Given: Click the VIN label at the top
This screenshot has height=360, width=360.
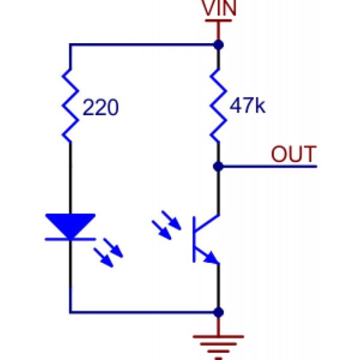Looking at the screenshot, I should tap(218, 9).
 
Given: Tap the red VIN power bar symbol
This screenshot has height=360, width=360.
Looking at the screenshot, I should tap(218, 22).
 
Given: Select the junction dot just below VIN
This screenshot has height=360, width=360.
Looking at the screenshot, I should tap(218, 44).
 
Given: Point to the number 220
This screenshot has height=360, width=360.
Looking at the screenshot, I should tap(101, 108).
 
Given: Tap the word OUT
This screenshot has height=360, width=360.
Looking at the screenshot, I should tap(293, 154).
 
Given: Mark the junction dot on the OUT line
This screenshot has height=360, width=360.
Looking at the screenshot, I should tap(218, 166).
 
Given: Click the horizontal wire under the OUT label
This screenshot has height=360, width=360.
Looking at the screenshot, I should tap(270, 166).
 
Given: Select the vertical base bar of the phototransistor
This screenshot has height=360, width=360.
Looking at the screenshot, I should tap(194, 238).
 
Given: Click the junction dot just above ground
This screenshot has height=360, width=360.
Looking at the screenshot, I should tap(218, 312).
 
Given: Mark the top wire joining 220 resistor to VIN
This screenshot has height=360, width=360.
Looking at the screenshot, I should tap(144, 44).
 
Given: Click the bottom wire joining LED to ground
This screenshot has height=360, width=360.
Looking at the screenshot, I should tap(144, 312).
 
